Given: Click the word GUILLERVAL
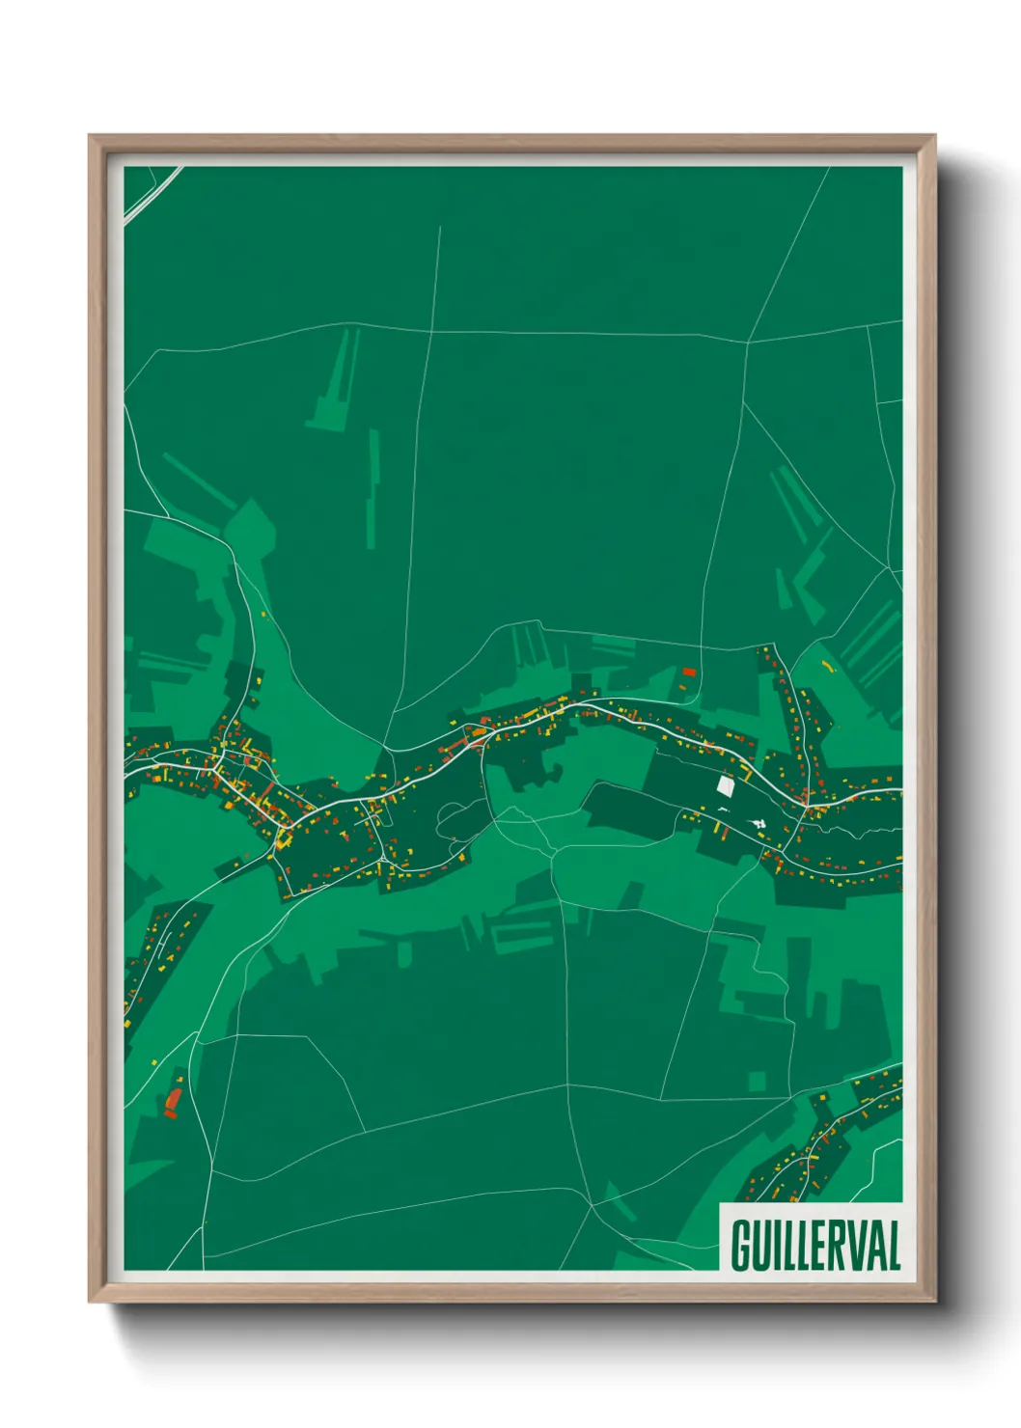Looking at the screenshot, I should point(815,1245).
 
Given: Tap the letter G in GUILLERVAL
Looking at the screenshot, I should point(741,1245).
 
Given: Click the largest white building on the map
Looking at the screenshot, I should point(726,785).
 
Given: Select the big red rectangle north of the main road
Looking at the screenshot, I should point(689,672).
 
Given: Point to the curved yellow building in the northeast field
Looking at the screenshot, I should point(827,666).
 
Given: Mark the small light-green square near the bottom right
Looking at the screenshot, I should point(757,1080).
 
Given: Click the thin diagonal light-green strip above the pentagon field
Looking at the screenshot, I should point(198,479).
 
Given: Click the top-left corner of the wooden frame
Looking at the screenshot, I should point(90,137).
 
